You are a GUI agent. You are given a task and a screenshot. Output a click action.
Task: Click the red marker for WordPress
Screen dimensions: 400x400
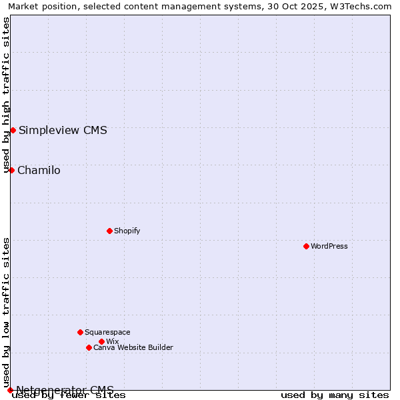[x=306, y=246]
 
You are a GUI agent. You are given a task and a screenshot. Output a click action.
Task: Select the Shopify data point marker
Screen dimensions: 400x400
[x=109, y=231]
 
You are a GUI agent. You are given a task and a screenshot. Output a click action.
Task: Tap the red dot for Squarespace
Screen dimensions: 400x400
[x=80, y=332]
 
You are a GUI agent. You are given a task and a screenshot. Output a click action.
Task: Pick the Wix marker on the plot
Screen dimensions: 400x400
[x=101, y=341]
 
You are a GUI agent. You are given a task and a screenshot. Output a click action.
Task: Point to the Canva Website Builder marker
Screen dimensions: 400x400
[x=89, y=347]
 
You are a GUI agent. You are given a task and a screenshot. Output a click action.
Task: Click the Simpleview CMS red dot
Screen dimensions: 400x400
[x=13, y=130]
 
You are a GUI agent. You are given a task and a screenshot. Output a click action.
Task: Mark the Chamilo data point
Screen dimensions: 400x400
[x=11, y=170]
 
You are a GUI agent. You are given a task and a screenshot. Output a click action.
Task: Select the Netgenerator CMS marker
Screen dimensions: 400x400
[x=10, y=390]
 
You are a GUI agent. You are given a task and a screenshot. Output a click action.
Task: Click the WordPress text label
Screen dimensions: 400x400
[x=329, y=246]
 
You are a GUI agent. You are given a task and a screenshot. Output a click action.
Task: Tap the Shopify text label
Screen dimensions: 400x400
[x=127, y=231]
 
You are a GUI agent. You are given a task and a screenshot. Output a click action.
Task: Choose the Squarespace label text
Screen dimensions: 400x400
[x=107, y=332]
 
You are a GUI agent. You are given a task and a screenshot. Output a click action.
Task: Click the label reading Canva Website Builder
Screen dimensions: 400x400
[x=133, y=347]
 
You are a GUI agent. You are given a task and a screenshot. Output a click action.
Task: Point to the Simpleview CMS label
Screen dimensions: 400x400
[x=63, y=130]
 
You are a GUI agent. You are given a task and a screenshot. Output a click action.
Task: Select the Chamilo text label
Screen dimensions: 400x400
[x=39, y=170]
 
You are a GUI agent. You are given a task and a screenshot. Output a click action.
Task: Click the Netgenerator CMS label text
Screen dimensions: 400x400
[x=65, y=390]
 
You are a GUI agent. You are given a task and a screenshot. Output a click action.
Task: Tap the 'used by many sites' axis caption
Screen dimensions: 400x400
[x=335, y=395]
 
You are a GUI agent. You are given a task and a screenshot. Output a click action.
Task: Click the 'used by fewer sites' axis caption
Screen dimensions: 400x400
[x=69, y=395]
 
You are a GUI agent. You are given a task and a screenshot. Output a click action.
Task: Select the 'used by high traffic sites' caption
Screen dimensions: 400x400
[x=7, y=95]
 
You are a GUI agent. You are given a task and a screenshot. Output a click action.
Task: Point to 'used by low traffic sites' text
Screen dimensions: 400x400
[x=7, y=312]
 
